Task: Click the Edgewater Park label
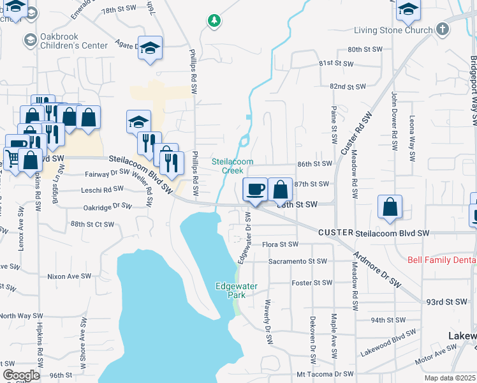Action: (x=237, y=290)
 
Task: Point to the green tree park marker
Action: (x=215, y=21)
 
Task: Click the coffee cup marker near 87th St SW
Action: (x=255, y=189)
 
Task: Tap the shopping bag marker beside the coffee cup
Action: (x=280, y=189)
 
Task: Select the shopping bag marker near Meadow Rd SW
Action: (x=390, y=207)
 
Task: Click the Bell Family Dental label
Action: (x=442, y=260)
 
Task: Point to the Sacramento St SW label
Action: (x=297, y=261)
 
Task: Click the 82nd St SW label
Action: (x=348, y=86)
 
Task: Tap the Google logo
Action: (x=21, y=375)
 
